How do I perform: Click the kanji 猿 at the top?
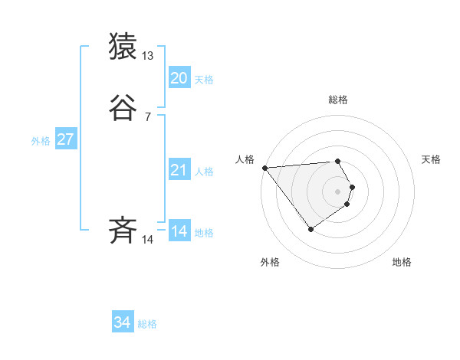123,47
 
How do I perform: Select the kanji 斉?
123,230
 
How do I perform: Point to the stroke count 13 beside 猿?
148,56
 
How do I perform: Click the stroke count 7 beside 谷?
148,117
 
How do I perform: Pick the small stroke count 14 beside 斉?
148,240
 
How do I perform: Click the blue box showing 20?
179,77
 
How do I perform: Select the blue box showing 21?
179,170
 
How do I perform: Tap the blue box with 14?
179,231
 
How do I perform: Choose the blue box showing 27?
65,139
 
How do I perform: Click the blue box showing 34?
122,323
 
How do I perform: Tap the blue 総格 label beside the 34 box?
147,325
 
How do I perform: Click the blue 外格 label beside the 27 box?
41,141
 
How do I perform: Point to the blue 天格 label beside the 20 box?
204,80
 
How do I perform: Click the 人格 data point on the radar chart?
264,168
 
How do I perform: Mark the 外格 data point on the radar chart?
310,229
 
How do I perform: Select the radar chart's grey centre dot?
337,191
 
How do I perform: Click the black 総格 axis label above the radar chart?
337,100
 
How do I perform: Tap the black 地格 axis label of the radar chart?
402,263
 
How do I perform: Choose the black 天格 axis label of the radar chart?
431,159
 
